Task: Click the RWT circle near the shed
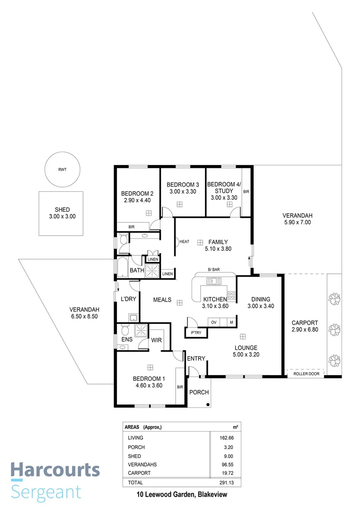click(62, 169)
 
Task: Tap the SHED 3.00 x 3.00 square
click(62, 213)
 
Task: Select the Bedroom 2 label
click(137, 193)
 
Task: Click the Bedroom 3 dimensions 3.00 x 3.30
click(183, 191)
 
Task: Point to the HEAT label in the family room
click(184, 242)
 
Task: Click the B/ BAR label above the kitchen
click(214, 270)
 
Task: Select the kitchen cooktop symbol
click(231, 296)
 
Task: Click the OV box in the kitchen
click(213, 322)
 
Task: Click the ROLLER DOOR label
click(306, 374)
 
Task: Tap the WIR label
click(157, 339)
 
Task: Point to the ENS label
click(127, 339)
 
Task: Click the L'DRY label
click(128, 299)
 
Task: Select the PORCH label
click(199, 392)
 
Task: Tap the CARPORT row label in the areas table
click(139, 473)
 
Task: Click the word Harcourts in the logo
click(55, 470)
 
